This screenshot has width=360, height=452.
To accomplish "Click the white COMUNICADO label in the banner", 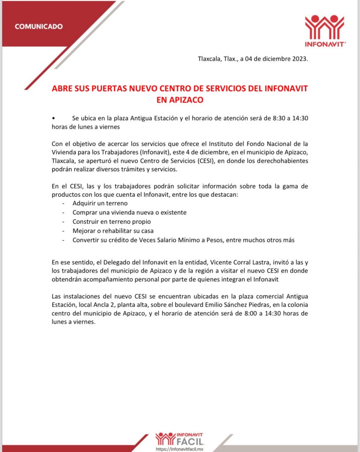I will click(39, 26).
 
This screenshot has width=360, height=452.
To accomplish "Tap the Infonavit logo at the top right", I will click(325, 30).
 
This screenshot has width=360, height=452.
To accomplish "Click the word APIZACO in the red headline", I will click(180, 100).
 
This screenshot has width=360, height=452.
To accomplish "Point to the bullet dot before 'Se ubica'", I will click(53, 118).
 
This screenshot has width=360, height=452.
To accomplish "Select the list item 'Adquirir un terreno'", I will click(100, 203).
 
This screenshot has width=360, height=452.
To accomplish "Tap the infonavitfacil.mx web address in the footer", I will click(179, 449).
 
